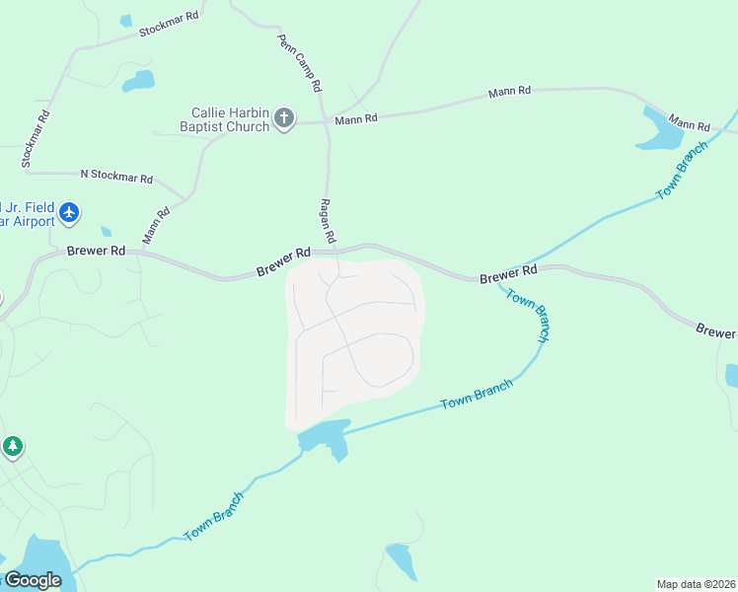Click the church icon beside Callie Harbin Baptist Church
pyautogui.click(x=284, y=119)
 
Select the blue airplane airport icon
pyautogui.click(x=68, y=212)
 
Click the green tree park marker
pyautogui.click(x=12, y=447)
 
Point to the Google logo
pyautogui.click(x=33, y=580)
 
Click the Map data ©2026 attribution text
pyautogui.click(x=696, y=584)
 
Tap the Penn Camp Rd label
pyautogui.click(x=301, y=61)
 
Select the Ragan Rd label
pyautogui.click(x=329, y=221)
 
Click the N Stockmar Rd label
pyautogui.click(x=116, y=178)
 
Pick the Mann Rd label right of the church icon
pyautogui.click(x=356, y=119)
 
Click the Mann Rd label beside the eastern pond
pyautogui.click(x=690, y=123)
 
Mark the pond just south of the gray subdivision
pyautogui.click(x=326, y=437)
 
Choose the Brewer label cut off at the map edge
pyautogui.click(x=716, y=331)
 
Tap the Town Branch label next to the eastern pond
pyautogui.click(x=682, y=171)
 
